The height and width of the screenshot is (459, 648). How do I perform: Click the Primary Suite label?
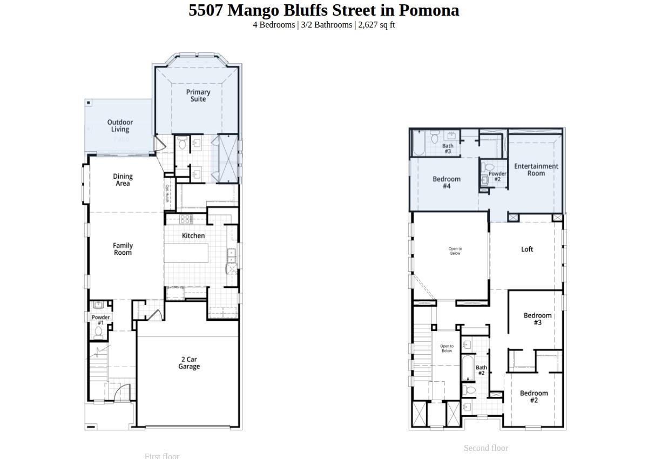coord(198,96)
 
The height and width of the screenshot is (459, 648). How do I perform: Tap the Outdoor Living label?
coord(120,126)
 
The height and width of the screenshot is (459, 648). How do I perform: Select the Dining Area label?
coord(123,180)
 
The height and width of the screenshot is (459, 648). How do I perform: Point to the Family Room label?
coord(123,249)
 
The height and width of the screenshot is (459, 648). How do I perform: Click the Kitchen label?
coord(193,235)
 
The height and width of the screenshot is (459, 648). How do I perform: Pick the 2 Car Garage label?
coord(189,363)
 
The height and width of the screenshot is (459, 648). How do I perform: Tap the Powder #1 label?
coord(100,320)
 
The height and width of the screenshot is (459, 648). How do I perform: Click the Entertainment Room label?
coord(536,170)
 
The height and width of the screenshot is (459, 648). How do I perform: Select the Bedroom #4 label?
coord(447,183)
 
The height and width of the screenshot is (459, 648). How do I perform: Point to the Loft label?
coord(527,249)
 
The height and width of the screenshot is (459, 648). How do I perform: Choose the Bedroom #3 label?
coord(537,319)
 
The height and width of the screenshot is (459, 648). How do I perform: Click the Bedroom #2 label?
coord(534,397)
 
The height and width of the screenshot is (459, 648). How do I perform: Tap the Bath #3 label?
coord(448,148)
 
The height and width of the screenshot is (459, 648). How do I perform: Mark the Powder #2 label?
coord(497,177)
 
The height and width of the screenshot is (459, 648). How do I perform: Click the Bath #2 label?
coord(481,370)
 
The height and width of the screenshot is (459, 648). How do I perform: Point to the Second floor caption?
coord(485,448)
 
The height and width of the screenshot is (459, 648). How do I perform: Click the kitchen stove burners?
coord(185,219)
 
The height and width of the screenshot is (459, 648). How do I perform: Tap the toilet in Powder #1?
coord(99,331)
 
